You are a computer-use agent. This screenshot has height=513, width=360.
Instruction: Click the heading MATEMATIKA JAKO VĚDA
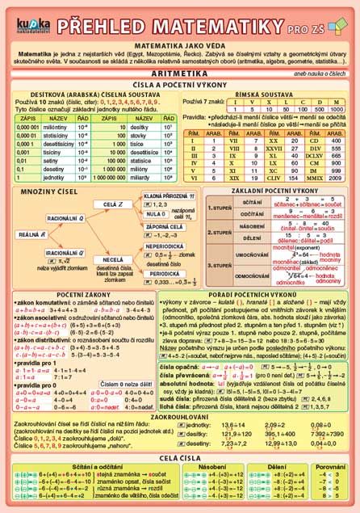point(179,48)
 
